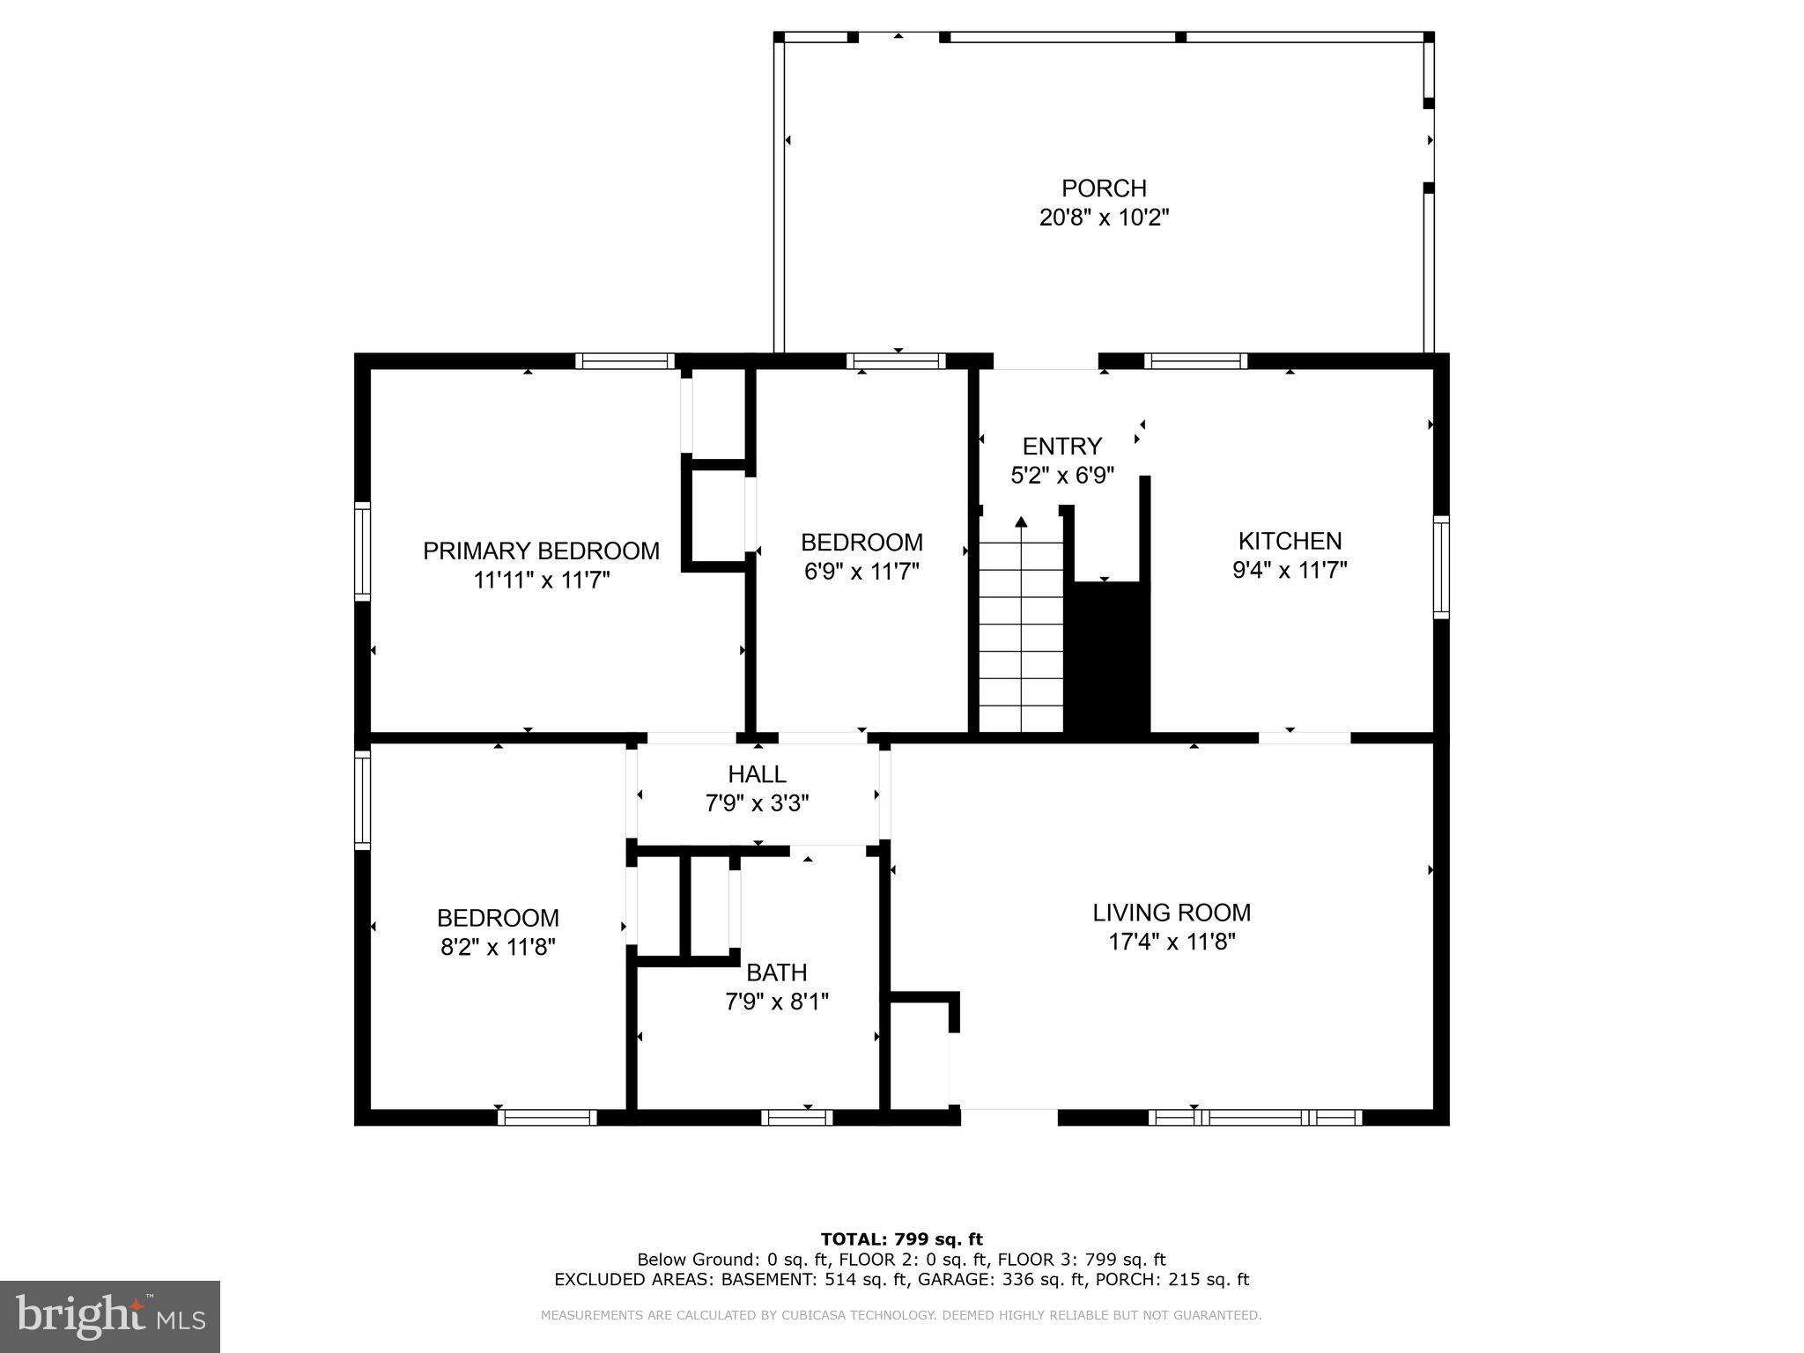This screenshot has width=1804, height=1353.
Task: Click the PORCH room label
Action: pos(1103,189)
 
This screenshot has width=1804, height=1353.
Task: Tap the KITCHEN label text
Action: pos(1290,541)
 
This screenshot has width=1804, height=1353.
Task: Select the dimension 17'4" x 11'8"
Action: pos(1171,942)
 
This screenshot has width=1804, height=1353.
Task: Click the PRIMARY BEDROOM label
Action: pos(541,551)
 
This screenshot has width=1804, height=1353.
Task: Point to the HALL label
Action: pos(757,774)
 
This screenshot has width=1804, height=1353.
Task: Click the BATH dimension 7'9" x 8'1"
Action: pos(776,1002)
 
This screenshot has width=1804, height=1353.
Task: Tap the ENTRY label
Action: pos(1061,446)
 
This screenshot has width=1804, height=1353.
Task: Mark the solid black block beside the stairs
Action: pos(1107,656)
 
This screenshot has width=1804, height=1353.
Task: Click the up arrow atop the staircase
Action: pos(1021,522)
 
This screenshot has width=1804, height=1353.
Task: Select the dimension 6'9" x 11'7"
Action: pos(861,572)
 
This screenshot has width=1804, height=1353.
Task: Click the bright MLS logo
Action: pos(110,1316)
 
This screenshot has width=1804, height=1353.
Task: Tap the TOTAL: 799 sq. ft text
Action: pos(901,1239)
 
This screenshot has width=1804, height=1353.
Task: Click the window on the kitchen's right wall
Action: pos(1440,567)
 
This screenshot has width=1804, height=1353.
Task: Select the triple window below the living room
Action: pos(1255,1117)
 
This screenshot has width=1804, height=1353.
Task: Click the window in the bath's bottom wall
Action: pos(796,1117)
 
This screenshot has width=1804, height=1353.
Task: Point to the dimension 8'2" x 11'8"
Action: pos(498,947)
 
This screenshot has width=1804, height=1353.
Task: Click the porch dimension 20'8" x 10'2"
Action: pos(1103,218)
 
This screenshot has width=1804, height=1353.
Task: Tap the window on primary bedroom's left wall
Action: pos(362,551)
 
